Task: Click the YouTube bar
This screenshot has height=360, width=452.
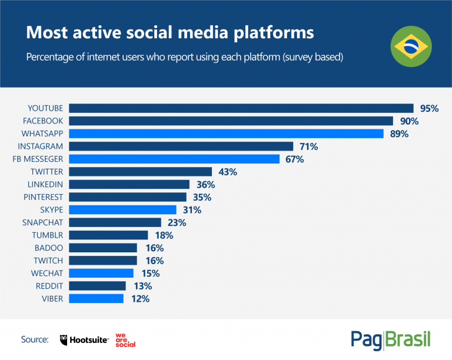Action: point(241,108)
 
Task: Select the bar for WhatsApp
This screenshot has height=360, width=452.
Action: point(227,134)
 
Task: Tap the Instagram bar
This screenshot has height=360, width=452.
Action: point(181,146)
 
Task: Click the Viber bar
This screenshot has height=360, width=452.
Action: point(96,299)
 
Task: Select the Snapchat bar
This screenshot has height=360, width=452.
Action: point(115,222)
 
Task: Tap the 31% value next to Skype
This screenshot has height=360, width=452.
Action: point(191,210)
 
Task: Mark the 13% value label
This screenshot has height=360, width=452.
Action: point(142,286)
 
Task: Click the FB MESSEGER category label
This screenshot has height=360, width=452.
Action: point(38,159)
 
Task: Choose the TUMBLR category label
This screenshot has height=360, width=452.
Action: point(47,235)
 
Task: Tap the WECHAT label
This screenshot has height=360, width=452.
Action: point(47,274)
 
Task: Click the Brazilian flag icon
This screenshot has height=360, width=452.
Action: point(411,47)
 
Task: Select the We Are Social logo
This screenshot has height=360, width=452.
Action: point(125,340)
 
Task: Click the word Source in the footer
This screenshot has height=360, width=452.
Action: point(34,340)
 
